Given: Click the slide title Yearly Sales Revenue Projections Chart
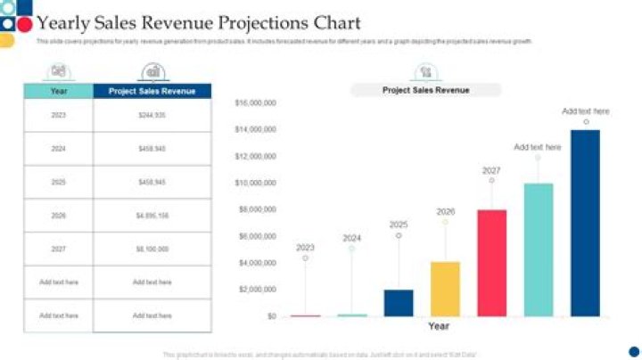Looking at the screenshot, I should click(x=198, y=23).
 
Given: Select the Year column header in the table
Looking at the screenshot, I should click(x=59, y=91).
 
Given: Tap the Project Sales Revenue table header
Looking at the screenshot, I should click(x=152, y=91).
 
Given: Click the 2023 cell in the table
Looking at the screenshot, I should click(x=59, y=115).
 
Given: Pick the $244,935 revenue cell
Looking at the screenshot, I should click(x=152, y=115).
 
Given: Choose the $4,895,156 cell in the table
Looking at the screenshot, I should click(x=152, y=216).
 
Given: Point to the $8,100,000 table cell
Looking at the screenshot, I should click(x=152, y=249).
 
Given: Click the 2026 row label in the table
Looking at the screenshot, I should click(x=59, y=216).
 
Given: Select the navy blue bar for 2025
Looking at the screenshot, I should click(x=399, y=303).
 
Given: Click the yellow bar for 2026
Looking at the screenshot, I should click(x=445, y=289).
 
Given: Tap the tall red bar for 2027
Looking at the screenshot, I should click(x=491, y=263).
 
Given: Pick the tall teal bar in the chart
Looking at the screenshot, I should click(x=539, y=250).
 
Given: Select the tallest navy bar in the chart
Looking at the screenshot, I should click(x=585, y=223).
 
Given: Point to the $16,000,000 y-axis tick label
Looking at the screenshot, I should click(x=255, y=103).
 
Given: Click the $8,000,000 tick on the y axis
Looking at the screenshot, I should click(x=257, y=209).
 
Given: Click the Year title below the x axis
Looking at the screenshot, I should click(x=438, y=327).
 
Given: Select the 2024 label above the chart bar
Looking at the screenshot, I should click(x=352, y=238).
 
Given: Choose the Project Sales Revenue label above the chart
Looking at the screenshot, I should click(x=425, y=90).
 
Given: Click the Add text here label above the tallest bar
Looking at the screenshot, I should click(x=586, y=111).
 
